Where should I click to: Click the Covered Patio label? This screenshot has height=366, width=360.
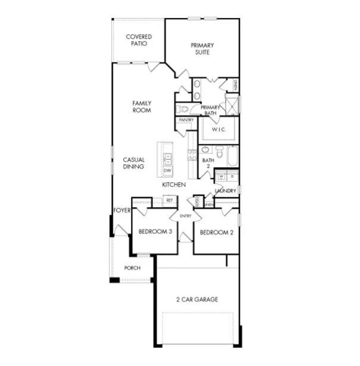point(139,40)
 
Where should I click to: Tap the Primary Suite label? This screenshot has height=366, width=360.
point(202,49)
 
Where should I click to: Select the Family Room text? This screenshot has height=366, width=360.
point(142,107)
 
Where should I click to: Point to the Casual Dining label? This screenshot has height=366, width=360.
point(134,163)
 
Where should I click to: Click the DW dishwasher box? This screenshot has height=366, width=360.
point(168,171)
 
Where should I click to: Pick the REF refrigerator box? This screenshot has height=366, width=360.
point(170,200)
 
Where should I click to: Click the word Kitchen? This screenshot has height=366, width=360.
point(174,185)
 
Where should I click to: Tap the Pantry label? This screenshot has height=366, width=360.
point(186,120)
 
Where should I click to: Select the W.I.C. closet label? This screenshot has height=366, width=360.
point(219,130)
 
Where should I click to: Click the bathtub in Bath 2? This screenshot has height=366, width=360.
point(232,156)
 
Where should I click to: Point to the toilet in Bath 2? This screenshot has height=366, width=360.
point(220,152)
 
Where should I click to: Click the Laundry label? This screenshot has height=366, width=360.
point(225,191)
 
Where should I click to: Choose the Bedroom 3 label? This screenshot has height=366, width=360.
point(155,232)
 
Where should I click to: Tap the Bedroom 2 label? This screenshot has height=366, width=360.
point(217,232)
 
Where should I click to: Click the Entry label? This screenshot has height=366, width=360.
point(185,216)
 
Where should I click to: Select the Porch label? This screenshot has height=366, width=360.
point(132,268)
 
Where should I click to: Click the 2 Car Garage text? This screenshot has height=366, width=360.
point(197,300)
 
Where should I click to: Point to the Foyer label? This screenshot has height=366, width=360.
point(122,211)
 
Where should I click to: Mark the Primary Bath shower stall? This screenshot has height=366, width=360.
point(232,105)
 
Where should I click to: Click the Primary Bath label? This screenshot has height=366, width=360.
point(210,110)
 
